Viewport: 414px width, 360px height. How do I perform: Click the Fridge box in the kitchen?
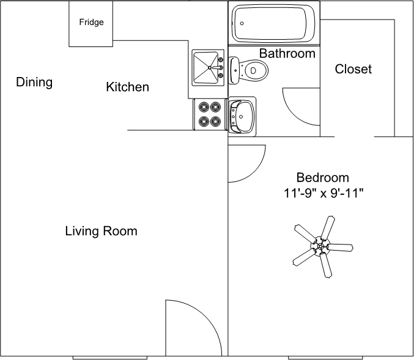pos(91,23)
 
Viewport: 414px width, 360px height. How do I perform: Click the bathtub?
pos(273,23)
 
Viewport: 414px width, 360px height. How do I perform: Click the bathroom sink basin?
pos(243,114)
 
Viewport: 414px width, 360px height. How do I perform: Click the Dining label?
pos(34,82)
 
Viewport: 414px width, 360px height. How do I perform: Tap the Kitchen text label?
pos(127,87)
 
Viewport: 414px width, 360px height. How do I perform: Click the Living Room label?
pos(101,231)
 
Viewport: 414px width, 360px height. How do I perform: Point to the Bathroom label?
pos(287,53)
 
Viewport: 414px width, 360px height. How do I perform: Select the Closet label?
pos(353,69)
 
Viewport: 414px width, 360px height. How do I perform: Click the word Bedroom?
pos(322,178)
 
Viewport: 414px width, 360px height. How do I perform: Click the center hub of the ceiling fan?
pos(321,247)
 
